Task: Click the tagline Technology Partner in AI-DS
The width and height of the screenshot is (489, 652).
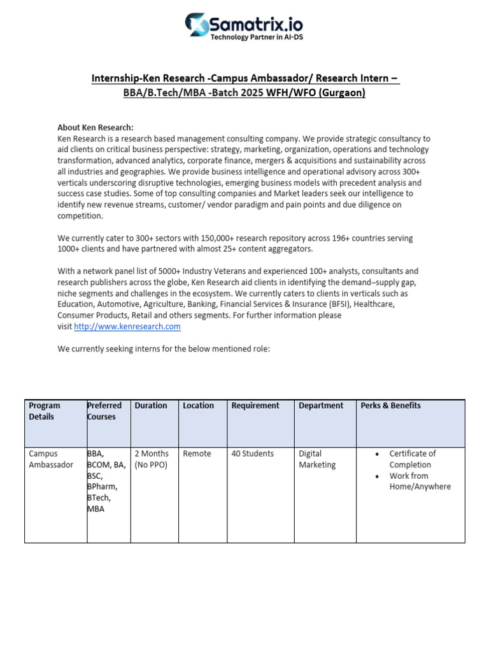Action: [257, 38]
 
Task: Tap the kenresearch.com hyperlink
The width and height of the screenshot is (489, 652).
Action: [127, 327]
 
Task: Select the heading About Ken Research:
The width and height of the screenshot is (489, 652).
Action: [96, 127]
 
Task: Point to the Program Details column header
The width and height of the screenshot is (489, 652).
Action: [45, 411]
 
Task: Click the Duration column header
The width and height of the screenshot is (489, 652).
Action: [151, 406]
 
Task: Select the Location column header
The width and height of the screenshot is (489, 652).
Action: [198, 406]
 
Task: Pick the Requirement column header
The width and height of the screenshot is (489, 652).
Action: [255, 406]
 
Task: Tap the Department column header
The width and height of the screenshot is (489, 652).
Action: [321, 406]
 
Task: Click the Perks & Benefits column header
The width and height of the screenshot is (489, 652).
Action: [390, 406]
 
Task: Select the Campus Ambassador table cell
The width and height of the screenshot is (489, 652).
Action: [51, 459]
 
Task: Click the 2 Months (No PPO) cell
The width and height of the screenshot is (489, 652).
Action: [152, 459]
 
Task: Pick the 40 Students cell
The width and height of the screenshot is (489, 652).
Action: [253, 454]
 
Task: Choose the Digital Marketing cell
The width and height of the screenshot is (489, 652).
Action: [317, 459]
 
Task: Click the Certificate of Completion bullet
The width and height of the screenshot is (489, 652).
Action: [412, 459]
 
